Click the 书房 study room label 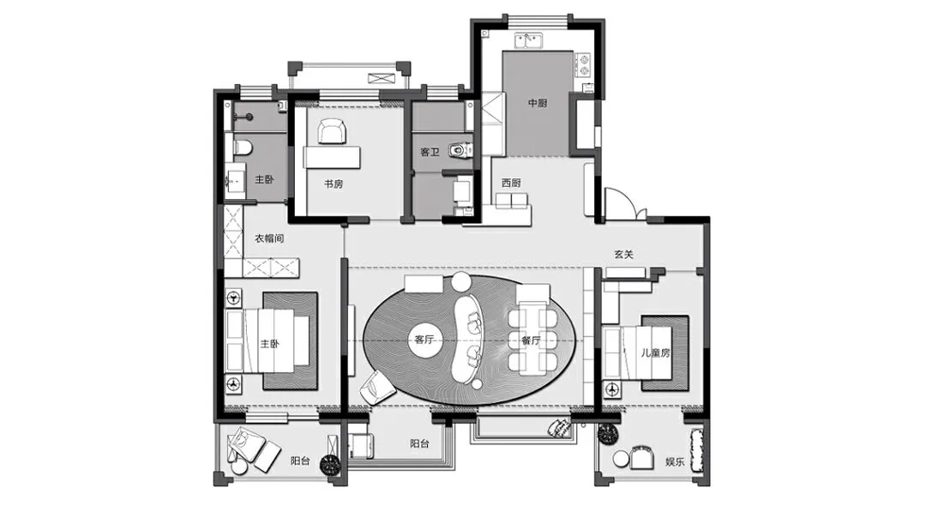[x=333, y=184]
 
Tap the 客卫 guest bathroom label [x=430, y=153]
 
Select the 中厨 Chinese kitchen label [x=538, y=103]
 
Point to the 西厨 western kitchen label [x=511, y=183]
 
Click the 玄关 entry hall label [x=623, y=255]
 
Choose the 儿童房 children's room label [x=656, y=353]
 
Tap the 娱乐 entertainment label [x=675, y=461]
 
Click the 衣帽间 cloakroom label [x=269, y=238]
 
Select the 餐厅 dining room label [x=531, y=340]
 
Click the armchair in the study [x=332, y=131]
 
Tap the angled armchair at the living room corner [x=378, y=389]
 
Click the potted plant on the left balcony [x=330, y=465]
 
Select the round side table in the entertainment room [x=621, y=458]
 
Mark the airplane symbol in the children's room [x=612, y=389]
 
